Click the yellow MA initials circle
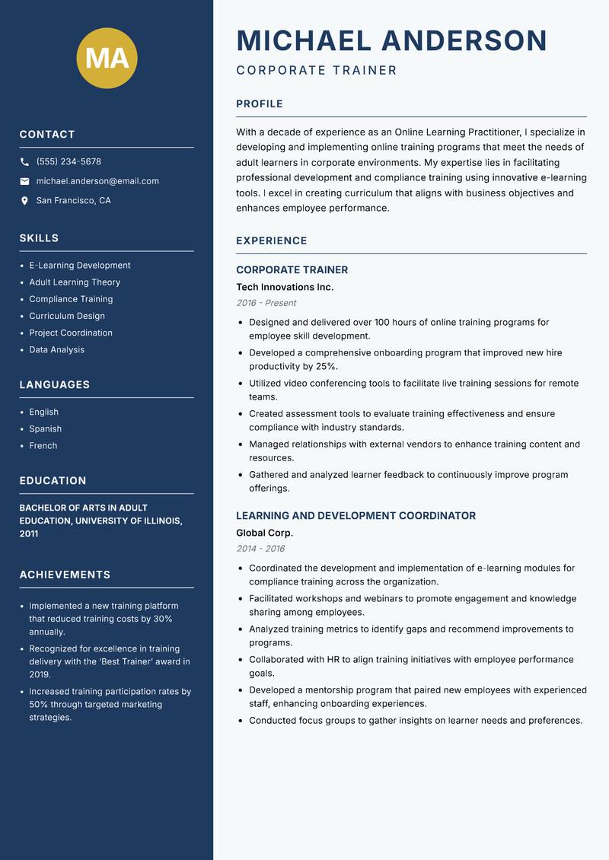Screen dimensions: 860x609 click(107, 58)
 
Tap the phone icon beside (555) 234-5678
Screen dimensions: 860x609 click(24, 162)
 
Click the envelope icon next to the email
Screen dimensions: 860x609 click(24, 181)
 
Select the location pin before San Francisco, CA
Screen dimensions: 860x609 click(24, 201)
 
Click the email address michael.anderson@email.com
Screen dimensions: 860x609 click(97, 181)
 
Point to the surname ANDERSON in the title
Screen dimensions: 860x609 click(464, 40)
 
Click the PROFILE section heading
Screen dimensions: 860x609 click(259, 104)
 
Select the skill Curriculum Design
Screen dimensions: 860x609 click(67, 316)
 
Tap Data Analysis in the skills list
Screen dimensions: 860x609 click(56, 349)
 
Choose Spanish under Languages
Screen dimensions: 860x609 click(45, 428)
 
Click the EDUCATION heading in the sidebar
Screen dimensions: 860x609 click(53, 481)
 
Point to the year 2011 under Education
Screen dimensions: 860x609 click(29, 534)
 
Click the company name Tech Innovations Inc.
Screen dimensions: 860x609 click(285, 287)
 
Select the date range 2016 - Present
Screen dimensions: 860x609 click(266, 303)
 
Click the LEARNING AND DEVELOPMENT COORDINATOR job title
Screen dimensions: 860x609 click(356, 516)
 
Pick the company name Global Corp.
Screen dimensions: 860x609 click(264, 533)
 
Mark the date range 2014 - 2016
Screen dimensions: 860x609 click(260, 549)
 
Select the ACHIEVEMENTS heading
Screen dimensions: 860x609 click(65, 575)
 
